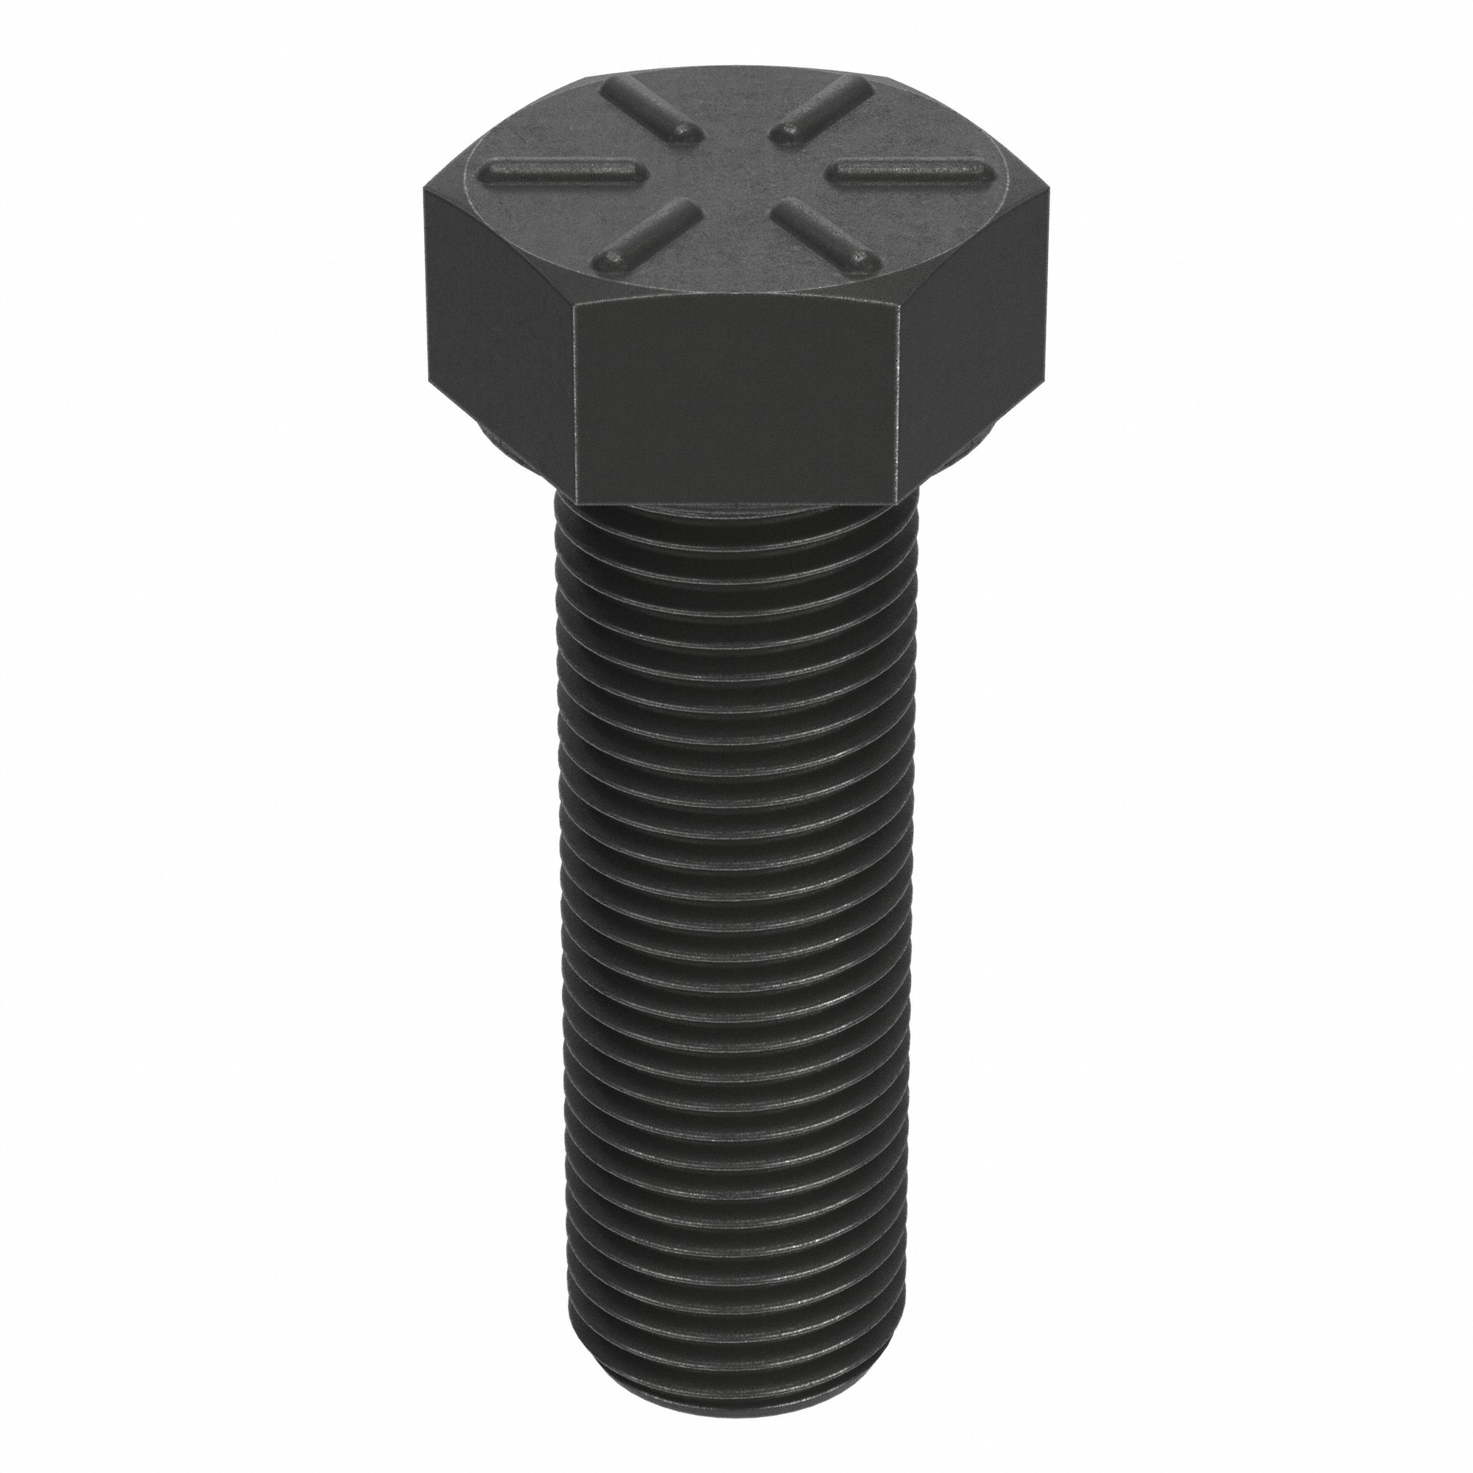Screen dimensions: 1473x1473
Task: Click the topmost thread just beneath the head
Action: pyautogui.click(x=736, y=526)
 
